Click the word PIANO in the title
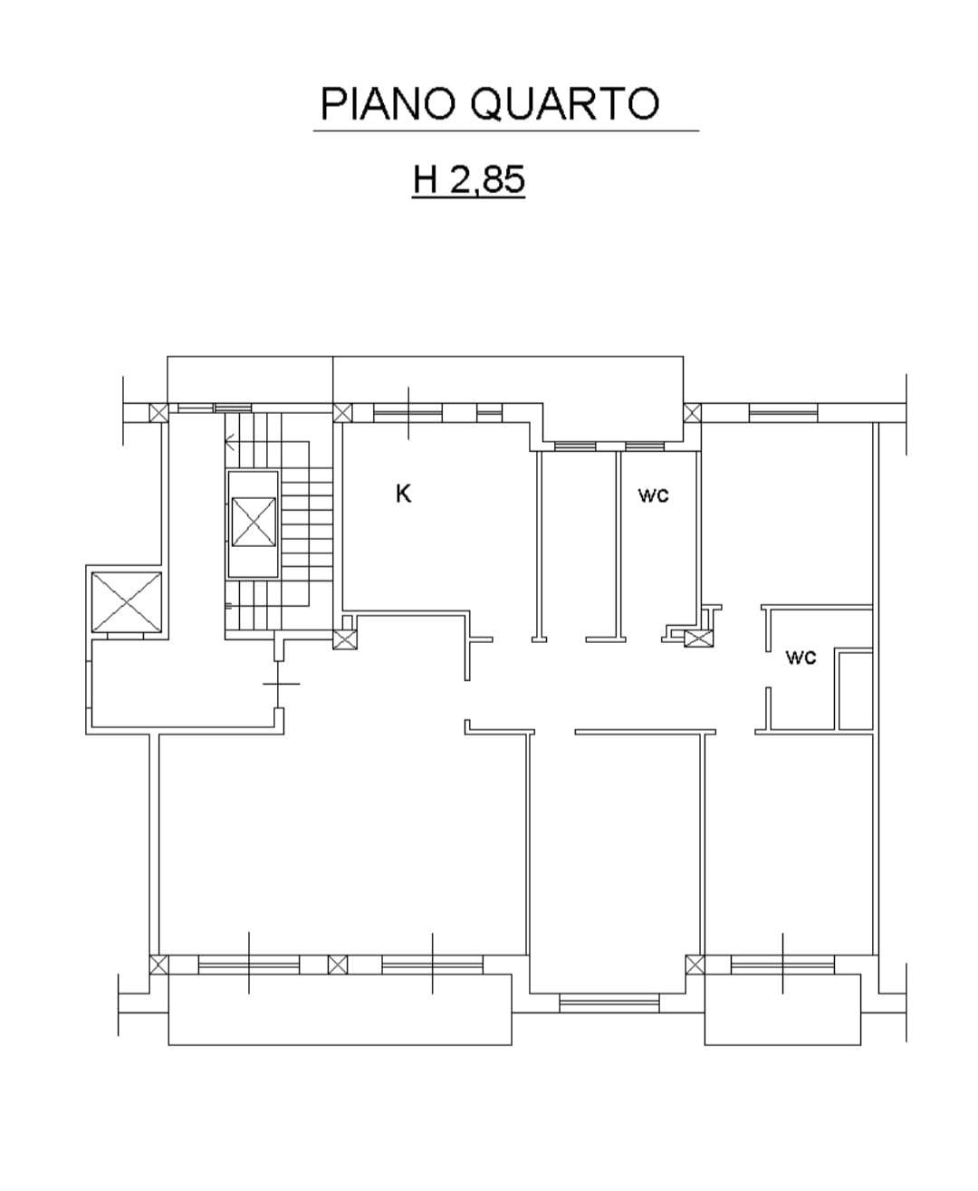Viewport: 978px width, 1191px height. coord(388,104)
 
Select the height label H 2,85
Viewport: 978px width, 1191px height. coord(469,179)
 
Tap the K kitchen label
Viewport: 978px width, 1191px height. coord(403,495)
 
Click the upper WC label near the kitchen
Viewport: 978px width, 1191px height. coord(653,495)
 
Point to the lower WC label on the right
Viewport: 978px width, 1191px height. coord(801,657)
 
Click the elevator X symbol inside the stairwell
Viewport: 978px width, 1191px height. coord(254,522)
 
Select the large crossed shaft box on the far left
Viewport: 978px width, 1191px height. coord(127,602)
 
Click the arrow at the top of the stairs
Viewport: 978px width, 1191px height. coord(230,442)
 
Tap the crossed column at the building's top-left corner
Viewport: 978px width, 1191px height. coord(158,413)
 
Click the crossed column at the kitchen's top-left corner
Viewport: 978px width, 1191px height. coord(342,413)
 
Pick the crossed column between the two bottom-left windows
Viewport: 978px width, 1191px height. coord(338,965)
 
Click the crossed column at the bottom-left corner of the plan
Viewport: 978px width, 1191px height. coord(158,965)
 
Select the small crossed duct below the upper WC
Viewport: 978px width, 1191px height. coord(698,639)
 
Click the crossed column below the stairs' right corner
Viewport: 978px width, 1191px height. coord(344,639)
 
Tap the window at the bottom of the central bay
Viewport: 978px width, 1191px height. coord(609,1004)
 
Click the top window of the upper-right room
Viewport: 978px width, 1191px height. coord(783,413)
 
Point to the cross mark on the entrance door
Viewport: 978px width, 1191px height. coord(281,683)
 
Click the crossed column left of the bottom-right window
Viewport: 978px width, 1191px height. coord(695,965)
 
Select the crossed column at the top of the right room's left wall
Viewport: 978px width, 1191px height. coord(692,413)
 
